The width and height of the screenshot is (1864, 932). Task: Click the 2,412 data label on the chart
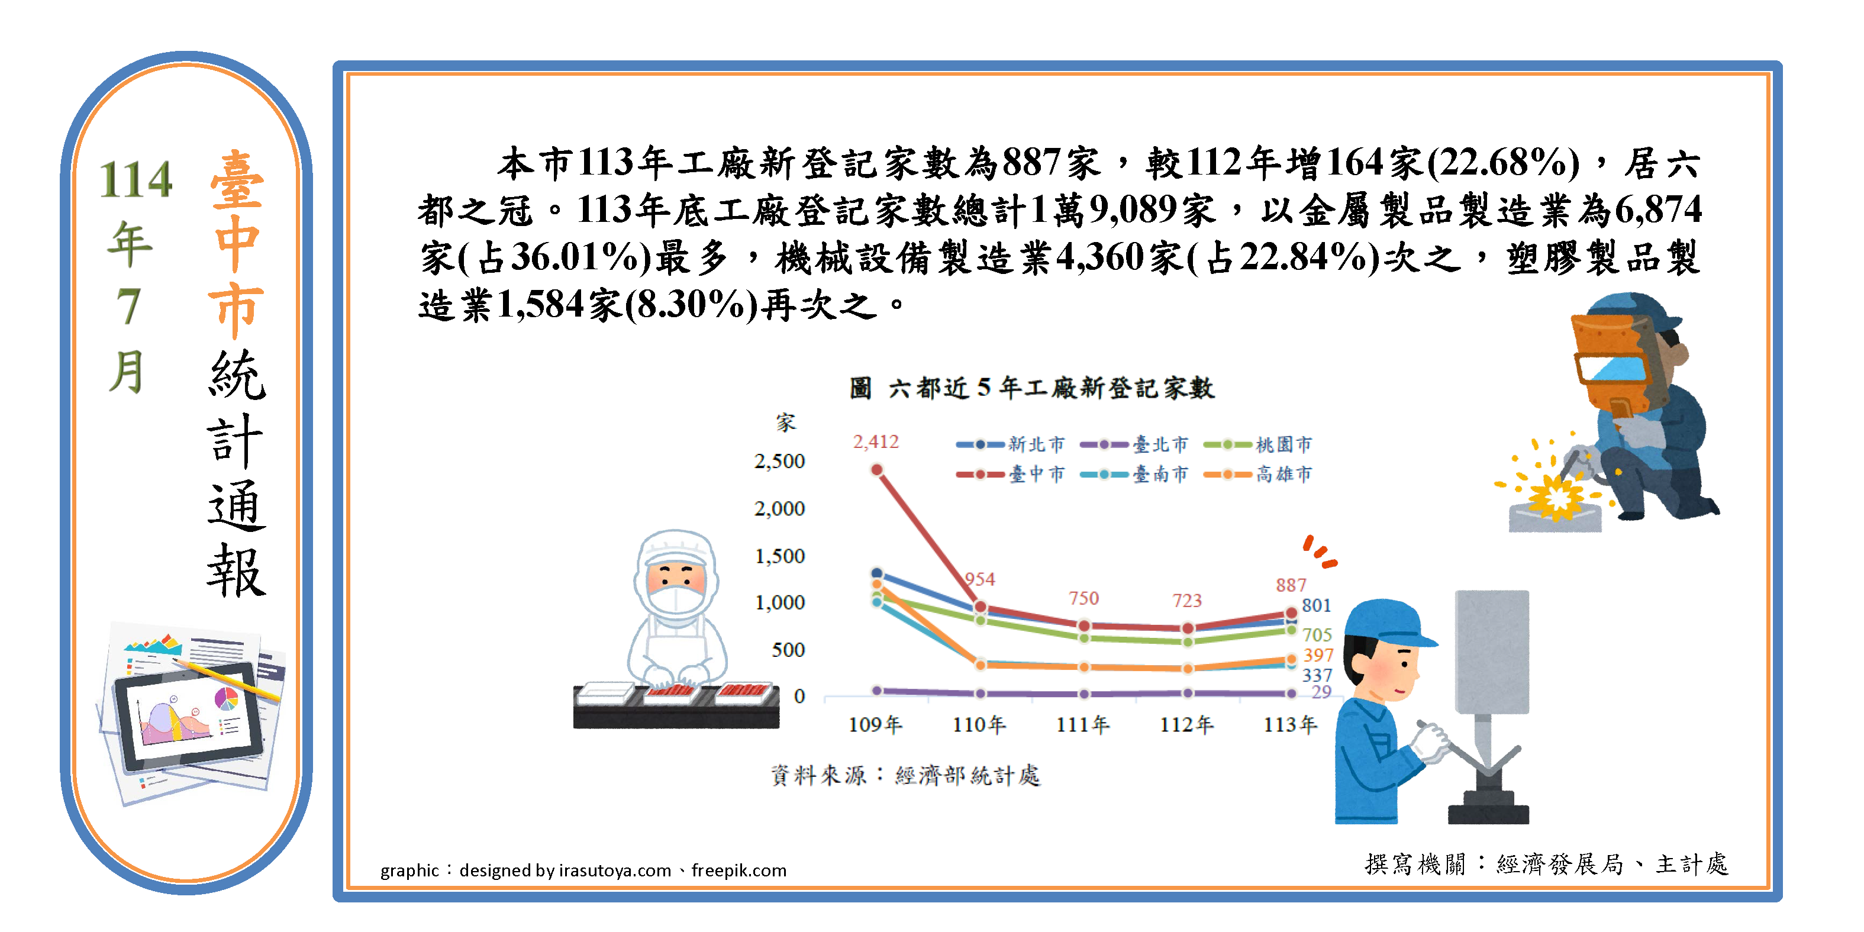coord(876,441)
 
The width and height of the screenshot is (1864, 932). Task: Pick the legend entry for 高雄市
coord(1257,475)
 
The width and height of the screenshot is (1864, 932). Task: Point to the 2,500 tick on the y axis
coord(779,461)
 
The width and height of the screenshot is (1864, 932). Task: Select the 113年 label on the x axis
coord(1290,724)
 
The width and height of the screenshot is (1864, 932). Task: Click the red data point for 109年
coord(877,470)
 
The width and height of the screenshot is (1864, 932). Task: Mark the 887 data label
coord(1291,585)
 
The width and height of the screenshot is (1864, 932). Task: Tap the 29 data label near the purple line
coord(1321,692)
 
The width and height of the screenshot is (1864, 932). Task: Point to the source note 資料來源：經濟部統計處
coord(905,776)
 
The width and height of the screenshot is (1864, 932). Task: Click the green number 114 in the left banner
coord(136,179)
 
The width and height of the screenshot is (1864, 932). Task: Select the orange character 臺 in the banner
coord(237,179)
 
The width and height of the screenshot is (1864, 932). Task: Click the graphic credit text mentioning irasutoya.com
coord(583,870)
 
